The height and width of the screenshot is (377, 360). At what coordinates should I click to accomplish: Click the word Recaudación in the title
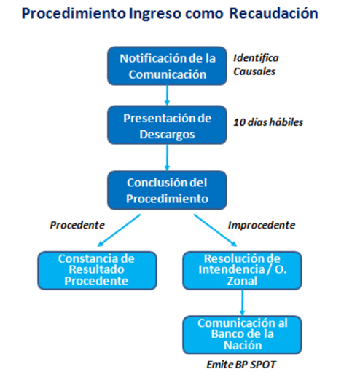[274, 13]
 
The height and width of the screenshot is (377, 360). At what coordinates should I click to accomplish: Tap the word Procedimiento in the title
[74, 13]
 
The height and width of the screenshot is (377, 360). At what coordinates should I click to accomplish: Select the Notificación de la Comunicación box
[167, 66]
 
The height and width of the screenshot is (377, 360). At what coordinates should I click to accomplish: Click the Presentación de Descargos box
[167, 125]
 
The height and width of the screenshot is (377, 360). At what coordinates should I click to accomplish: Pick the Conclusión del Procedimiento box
[167, 191]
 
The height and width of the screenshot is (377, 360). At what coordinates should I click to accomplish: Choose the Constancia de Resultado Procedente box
[97, 271]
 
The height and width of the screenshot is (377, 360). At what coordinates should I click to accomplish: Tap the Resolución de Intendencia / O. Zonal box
[242, 271]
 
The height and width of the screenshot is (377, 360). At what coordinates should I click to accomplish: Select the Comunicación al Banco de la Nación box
[242, 335]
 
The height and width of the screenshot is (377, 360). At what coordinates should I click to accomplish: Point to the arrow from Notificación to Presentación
[167, 95]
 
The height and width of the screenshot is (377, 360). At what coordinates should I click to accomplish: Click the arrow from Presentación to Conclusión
[167, 158]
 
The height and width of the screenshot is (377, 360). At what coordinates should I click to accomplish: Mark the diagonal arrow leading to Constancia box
[119, 230]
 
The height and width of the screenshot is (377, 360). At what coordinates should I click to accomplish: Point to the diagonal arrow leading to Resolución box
[215, 230]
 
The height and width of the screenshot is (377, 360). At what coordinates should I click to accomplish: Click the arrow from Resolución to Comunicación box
[242, 303]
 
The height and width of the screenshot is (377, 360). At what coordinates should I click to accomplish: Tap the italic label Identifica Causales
[256, 65]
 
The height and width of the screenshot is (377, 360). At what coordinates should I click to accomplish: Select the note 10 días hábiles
[268, 122]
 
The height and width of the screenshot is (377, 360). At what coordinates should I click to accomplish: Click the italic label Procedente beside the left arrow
[77, 225]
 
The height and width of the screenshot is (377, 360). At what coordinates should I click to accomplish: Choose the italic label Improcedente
[262, 225]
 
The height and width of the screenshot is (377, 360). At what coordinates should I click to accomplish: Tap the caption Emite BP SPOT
[241, 365]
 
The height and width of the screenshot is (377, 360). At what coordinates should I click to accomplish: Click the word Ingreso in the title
[155, 14]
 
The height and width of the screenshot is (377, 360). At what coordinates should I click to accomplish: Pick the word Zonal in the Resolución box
[242, 281]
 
